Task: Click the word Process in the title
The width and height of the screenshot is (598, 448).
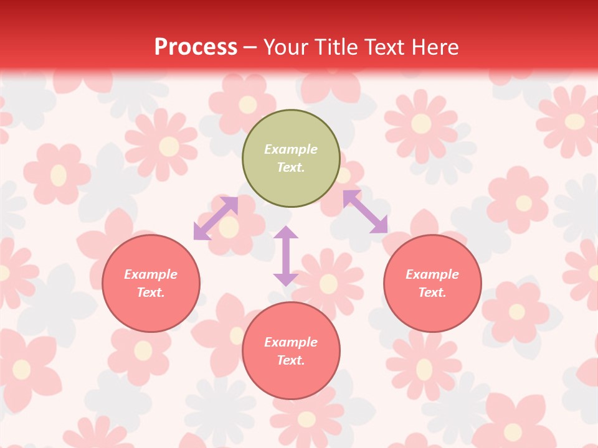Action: coord(196,47)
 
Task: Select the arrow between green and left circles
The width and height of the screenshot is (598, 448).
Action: coord(216,218)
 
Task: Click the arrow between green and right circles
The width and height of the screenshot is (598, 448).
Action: coord(365,212)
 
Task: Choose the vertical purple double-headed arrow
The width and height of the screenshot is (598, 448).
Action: coord(286,256)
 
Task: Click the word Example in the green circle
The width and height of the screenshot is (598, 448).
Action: coord(291,149)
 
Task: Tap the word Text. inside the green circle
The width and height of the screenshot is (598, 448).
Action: coord(291,167)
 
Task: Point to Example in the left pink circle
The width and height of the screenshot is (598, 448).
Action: coord(151,274)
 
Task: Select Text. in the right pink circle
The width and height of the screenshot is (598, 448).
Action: coord(432,292)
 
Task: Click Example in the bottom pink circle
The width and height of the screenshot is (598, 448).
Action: coord(291,342)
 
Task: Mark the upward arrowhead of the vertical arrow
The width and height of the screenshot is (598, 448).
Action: coord(286,233)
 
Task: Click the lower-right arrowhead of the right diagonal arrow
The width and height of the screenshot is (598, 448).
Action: coord(379,225)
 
